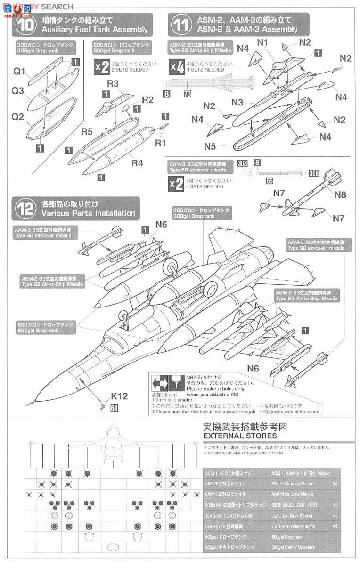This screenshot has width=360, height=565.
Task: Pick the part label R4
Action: coord(137,163)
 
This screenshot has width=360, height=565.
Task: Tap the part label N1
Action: coord(262,43)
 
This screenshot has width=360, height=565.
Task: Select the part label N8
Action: coord(340,194)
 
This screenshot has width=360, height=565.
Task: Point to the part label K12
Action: coord(119,396)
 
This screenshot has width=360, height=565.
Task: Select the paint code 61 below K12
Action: coord(114,408)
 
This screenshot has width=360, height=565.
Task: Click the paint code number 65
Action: coord(270,180)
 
